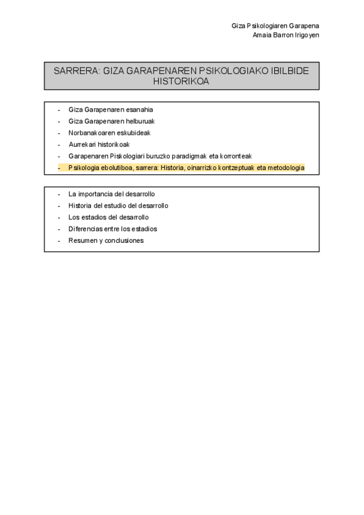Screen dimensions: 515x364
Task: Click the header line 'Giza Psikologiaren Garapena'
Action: (275, 26)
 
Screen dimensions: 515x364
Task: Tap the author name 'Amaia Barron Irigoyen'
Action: (286, 35)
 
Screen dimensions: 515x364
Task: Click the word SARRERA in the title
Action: (76, 71)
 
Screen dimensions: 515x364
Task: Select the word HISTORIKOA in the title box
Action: (181, 81)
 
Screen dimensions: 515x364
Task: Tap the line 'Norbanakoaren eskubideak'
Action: (109, 133)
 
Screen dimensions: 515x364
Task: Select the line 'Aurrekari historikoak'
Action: (99, 145)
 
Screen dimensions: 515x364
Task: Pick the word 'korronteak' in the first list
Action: (237, 156)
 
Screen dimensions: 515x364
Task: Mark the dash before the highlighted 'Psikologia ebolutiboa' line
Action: (58, 168)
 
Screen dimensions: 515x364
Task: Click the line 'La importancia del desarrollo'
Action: (112, 194)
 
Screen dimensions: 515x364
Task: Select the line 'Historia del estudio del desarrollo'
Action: (118, 206)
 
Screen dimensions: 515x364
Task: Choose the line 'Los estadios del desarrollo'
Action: (109, 217)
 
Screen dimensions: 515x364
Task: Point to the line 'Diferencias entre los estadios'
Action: (113, 229)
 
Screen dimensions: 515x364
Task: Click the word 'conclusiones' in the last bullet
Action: (125, 240)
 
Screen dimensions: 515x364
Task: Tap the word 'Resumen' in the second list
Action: (81, 240)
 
